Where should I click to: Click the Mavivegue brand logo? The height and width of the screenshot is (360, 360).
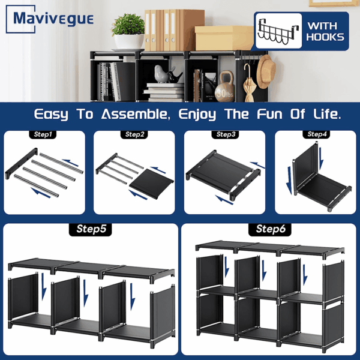[50, 19]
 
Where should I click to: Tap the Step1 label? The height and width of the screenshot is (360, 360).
[43, 134]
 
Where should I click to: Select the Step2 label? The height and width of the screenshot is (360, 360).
[134, 134]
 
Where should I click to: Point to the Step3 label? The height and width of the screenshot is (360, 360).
[225, 134]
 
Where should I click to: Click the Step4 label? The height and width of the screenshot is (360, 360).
[316, 134]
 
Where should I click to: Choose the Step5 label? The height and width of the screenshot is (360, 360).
[91, 229]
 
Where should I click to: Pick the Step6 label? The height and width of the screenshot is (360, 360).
[270, 229]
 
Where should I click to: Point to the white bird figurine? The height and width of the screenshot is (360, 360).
[161, 74]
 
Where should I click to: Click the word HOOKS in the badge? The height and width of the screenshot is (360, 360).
[325, 37]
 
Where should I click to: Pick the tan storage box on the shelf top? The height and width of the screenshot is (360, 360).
[224, 38]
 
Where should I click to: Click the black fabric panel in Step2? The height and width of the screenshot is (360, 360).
[152, 184]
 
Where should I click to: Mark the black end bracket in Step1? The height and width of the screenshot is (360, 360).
[22, 163]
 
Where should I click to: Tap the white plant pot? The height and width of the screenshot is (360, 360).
[129, 42]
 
